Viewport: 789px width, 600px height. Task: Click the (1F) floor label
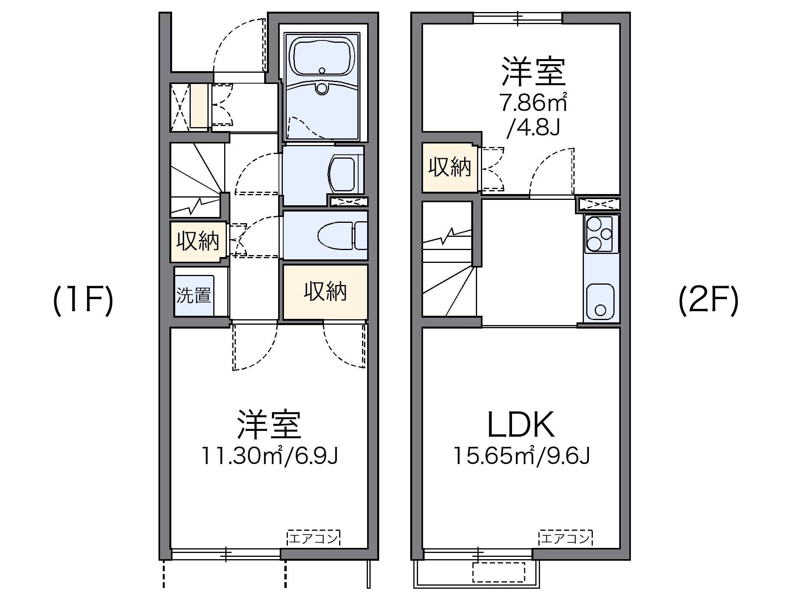pos(83,301)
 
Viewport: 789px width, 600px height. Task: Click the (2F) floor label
pos(708,301)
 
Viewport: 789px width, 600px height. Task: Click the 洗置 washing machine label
pos(194,295)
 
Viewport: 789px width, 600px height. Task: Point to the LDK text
pos(521,425)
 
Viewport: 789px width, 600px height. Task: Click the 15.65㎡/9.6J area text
pos(522,456)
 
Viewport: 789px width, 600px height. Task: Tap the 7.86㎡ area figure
pos(533,103)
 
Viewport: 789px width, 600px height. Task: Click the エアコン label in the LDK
pos(566,538)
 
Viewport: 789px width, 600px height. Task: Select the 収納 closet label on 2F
pos(449,167)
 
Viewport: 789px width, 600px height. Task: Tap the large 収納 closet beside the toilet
pos(325,292)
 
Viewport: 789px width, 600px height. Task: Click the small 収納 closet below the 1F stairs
pos(198,241)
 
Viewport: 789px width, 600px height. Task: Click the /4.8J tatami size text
pos(533,127)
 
